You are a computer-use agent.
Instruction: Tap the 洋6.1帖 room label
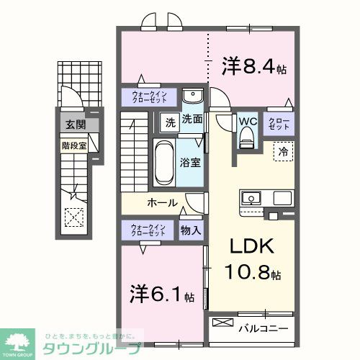point(163,295)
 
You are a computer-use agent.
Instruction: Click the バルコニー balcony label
point(263,328)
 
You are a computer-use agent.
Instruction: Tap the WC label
point(247,120)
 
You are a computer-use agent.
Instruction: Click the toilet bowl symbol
point(247,136)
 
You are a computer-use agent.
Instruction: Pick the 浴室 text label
point(190,163)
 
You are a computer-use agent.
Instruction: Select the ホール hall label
point(163,202)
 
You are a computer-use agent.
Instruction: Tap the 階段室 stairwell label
point(71,143)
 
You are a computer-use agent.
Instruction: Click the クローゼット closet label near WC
point(279,124)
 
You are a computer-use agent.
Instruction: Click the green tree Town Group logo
point(19,341)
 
